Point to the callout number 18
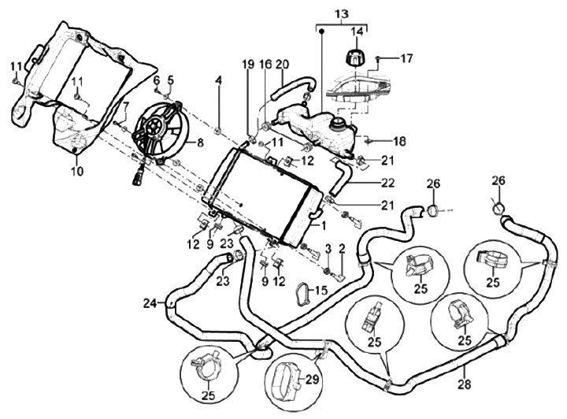(x=400, y=142)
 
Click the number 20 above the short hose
(x=282, y=64)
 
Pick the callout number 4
(x=219, y=80)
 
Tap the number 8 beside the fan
(x=200, y=143)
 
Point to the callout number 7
(x=125, y=106)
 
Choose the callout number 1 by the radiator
(x=322, y=224)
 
